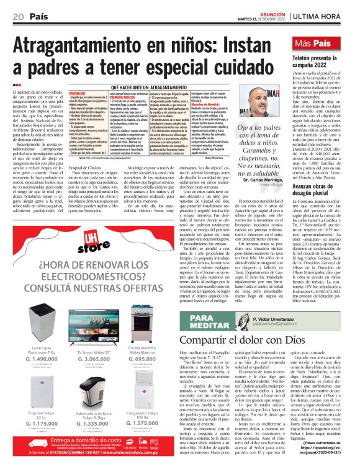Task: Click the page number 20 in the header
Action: pyautogui.click(x=17, y=15)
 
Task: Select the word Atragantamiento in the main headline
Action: pyautogui.click(x=81, y=49)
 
